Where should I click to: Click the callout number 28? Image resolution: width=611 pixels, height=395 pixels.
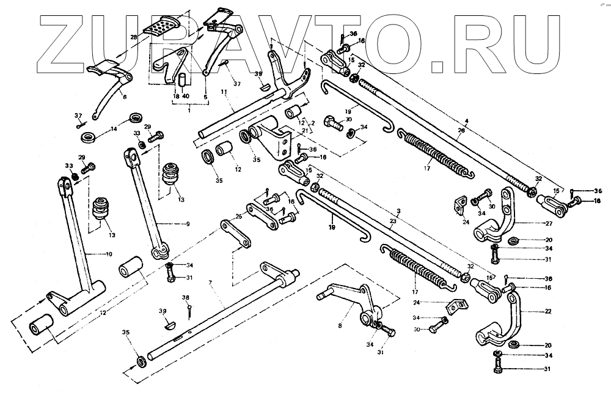pos(134,38)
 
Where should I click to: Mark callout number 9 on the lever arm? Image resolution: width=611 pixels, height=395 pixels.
pos(188,224)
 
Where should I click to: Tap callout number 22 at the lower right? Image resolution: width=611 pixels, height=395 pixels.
pos(548,312)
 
